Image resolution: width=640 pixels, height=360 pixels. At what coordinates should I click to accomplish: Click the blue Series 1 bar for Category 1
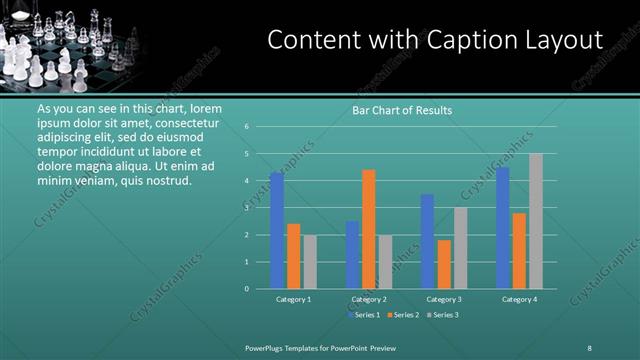tap(276, 230)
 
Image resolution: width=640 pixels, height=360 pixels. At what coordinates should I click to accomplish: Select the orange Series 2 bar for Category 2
tap(369, 229)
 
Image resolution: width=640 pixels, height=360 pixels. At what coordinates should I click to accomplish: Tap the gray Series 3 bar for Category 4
tap(536, 221)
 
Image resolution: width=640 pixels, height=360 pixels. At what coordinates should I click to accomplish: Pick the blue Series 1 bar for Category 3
tap(427, 241)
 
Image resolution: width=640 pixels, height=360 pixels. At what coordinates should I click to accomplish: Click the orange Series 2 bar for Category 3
tap(444, 264)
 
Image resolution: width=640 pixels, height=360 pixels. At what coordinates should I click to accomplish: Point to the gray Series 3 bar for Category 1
tap(310, 261)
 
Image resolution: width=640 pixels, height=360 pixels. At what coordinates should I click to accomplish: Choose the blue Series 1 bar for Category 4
tap(502, 228)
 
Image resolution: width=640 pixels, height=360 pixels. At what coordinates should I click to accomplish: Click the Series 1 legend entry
tap(365, 315)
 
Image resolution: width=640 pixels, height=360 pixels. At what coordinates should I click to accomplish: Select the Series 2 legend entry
tap(403, 315)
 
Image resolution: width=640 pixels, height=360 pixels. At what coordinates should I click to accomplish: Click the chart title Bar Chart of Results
tap(402, 110)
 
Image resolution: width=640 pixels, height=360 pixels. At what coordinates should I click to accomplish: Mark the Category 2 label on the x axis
tap(369, 299)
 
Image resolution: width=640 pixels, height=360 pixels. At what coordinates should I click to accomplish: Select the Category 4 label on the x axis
tap(519, 299)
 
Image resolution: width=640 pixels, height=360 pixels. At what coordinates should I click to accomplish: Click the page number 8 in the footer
tap(589, 347)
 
